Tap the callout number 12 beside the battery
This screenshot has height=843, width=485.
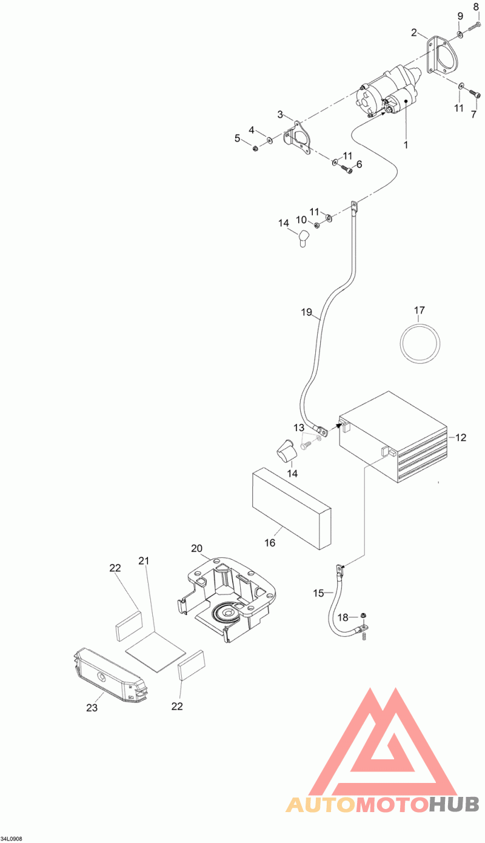pyautogui.click(x=461, y=437)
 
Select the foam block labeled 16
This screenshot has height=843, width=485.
pyautogui.click(x=292, y=508)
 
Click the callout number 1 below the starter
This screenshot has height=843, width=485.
pyautogui.click(x=406, y=144)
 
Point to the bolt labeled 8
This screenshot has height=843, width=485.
pyautogui.click(x=475, y=26)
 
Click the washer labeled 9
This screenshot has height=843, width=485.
pyautogui.click(x=460, y=35)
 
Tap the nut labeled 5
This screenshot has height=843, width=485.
pyautogui.click(x=255, y=148)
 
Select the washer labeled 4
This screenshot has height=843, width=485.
pyautogui.click(x=269, y=141)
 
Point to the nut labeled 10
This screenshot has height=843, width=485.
pyautogui.click(x=316, y=226)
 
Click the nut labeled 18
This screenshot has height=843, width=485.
pyautogui.click(x=363, y=615)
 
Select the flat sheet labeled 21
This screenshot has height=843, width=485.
pyautogui.click(x=155, y=651)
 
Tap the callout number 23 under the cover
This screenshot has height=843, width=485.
pyautogui.click(x=92, y=708)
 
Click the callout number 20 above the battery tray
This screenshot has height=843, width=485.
pyautogui.click(x=197, y=548)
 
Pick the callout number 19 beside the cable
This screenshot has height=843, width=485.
pyautogui.click(x=307, y=312)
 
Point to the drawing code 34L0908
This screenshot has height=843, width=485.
pyautogui.click(x=12, y=839)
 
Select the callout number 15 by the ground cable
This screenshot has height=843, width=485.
pyautogui.click(x=318, y=593)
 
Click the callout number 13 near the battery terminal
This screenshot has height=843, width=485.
pyautogui.click(x=299, y=428)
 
